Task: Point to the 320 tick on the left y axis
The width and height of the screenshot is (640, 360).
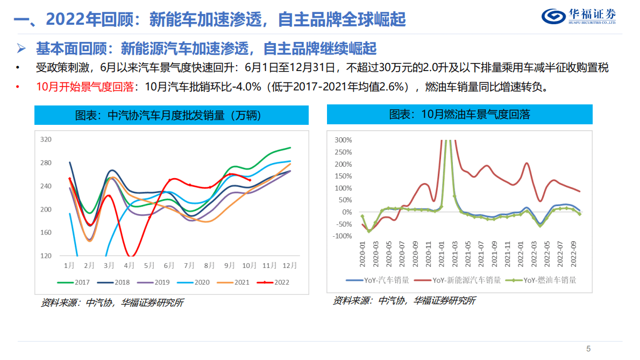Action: coord(46,139)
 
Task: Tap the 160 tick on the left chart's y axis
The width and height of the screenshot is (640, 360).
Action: coord(46,232)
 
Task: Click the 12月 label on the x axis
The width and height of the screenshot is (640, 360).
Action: coord(290,266)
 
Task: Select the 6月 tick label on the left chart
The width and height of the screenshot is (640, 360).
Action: coord(169,266)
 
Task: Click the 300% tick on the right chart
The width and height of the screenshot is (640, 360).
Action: coord(343,140)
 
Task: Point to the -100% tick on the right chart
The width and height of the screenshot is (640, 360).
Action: coord(342,236)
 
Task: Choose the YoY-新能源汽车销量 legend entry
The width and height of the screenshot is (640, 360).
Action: coord(461,280)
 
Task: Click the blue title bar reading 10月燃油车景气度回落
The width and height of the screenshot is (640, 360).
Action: coord(460,115)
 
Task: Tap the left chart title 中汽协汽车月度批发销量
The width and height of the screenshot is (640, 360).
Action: coord(172,115)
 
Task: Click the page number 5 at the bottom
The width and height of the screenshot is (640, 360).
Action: coord(588,348)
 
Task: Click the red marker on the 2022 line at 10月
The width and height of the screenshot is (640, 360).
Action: coord(250,180)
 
